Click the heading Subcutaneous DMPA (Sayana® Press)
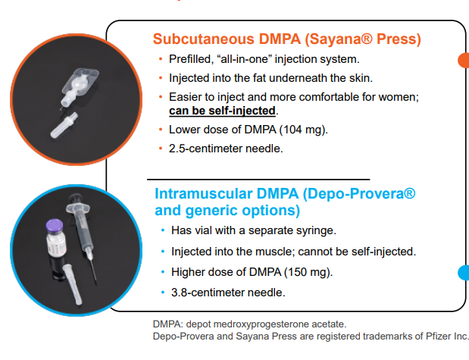tap(286, 39)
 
